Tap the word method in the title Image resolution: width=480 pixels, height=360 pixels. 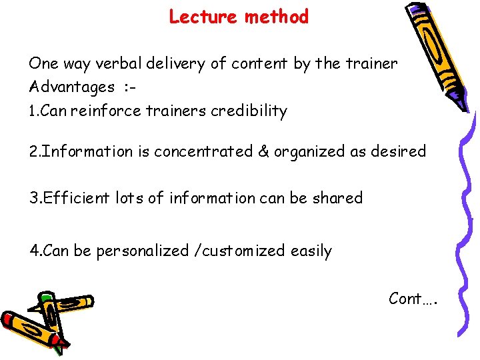coord(277,17)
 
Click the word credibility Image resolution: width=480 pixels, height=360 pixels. coord(249,111)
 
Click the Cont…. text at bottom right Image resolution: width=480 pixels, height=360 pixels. coord(413,299)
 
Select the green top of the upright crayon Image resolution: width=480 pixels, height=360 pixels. coord(46,297)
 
